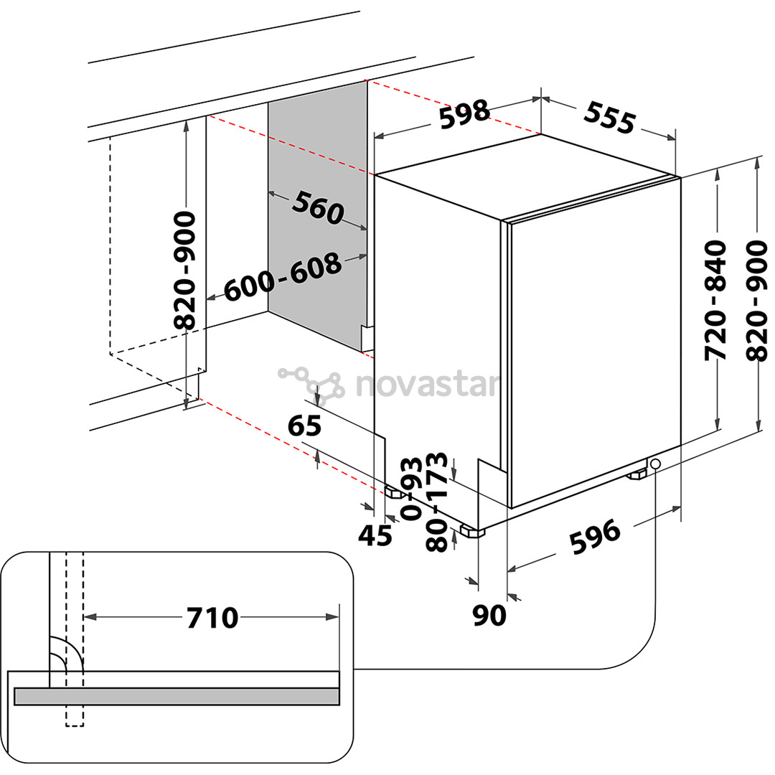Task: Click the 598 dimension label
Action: [x=464, y=114]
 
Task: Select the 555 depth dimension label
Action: [x=610, y=117]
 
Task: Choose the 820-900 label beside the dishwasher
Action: [x=756, y=301]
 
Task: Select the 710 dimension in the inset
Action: [x=212, y=617]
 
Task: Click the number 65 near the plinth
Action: [x=304, y=426]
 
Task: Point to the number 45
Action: [x=375, y=535]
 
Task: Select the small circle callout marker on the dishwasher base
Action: [x=655, y=465]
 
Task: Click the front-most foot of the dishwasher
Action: [x=471, y=532]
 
